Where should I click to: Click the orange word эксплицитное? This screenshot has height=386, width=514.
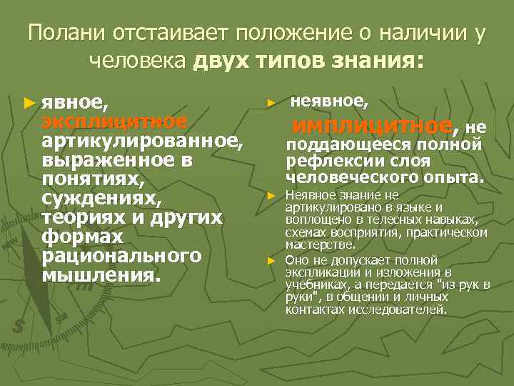(x=114, y=122)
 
